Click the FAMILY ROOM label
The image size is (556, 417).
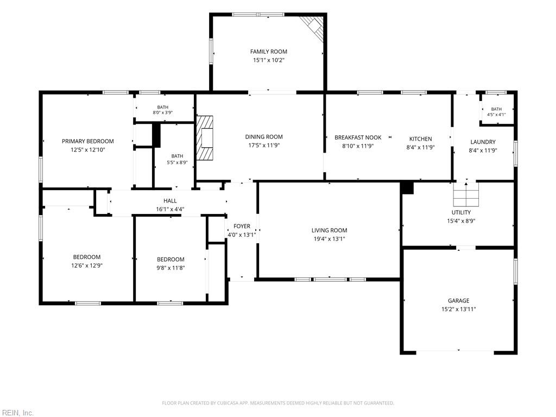(x=268, y=52)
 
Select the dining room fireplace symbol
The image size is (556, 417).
(x=205, y=138)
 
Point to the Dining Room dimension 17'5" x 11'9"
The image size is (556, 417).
(x=264, y=145)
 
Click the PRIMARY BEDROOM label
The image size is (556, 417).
(x=87, y=141)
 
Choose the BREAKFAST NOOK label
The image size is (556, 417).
(x=358, y=137)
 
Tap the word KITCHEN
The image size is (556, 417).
(x=421, y=138)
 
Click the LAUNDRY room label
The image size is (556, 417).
(x=483, y=142)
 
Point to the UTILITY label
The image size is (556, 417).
(x=461, y=212)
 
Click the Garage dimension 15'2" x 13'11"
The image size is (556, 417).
(x=458, y=309)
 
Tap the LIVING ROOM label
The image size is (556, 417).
(x=329, y=230)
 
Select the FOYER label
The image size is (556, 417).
(x=242, y=226)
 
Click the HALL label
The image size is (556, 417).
(x=170, y=201)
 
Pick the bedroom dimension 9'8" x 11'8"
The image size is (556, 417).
(x=170, y=268)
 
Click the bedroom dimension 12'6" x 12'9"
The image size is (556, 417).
(x=87, y=265)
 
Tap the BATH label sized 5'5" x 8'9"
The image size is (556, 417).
(x=178, y=156)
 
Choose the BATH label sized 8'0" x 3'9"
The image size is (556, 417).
(x=163, y=107)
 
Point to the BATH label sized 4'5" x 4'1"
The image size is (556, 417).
(x=496, y=109)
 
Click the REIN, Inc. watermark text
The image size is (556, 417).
(x=17, y=413)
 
